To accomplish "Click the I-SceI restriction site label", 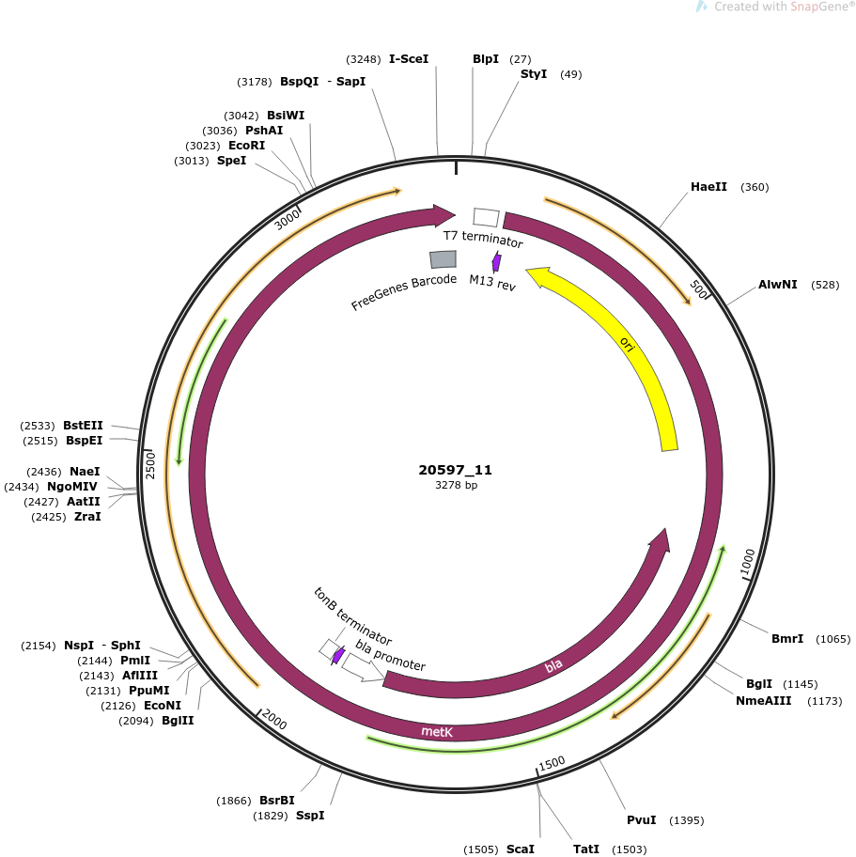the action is [409, 58].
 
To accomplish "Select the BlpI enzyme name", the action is [486, 58].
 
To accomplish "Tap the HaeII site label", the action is [708, 186].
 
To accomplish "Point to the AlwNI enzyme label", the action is [777, 284].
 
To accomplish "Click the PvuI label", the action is [641, 819].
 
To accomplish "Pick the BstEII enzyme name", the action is [83, 426].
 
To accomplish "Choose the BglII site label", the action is [178, 721].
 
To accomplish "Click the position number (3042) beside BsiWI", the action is [241, 116].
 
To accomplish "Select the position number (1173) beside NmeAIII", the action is [824, 701].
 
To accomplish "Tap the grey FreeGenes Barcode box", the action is [443, 259].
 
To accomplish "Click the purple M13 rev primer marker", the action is [496, 262].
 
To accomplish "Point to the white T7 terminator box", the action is [486, 217].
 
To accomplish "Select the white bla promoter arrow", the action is [363, 668].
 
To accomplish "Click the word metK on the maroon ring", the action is [437, 731].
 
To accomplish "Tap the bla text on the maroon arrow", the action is [553, 665].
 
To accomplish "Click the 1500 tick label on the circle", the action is [552, 764].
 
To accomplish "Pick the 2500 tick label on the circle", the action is [150, 466].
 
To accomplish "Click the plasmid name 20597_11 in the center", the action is [456, 470].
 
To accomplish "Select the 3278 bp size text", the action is [456, 485].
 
